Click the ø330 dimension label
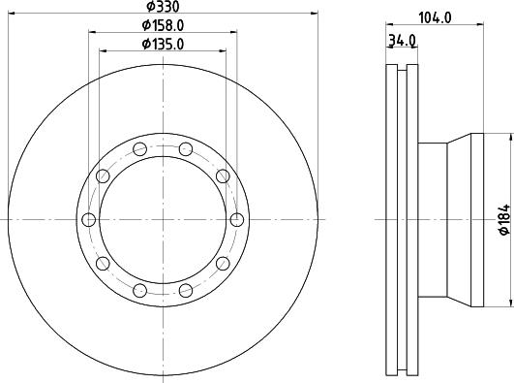(x=163, y=6)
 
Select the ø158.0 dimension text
(x=163, y=25)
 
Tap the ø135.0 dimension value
(x=163, y=44)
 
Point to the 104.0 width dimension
(x=436, y=17)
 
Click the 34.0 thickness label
(x=402, y=41)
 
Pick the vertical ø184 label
(x=504, y=219)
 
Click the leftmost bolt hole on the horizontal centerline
(x=88, y=220)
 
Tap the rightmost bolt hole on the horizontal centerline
(x=237, y=220)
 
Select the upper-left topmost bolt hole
(x=140, y=149)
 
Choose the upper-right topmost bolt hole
(x=186, y=149)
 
